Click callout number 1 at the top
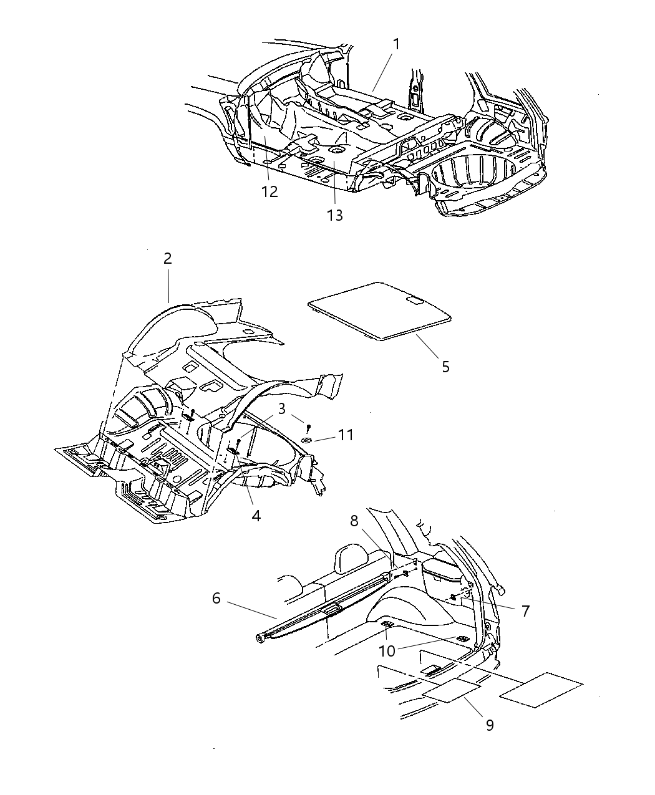coord(395,44)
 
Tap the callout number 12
coord(269,191)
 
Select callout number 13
coord(335,215)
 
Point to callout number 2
coord(167,258)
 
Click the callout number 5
coord(445,366)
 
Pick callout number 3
coord(282,409)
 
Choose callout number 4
coord(256,516)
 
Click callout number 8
coord(354,521)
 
